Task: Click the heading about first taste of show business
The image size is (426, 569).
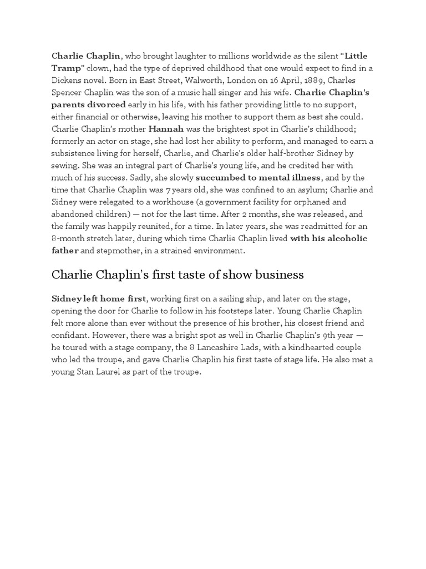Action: click(x=177, y=275)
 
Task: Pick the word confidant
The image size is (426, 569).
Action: click(x=71, y=336)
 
